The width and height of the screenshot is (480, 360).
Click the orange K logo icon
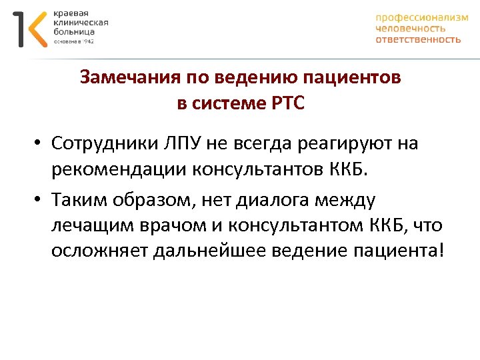tap(35, 29)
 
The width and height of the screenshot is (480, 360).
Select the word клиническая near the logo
tap(81, 22)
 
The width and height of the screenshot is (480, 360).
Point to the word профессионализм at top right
tap(421, 18)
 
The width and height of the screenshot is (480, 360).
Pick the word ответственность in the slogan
tap(418, 39)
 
